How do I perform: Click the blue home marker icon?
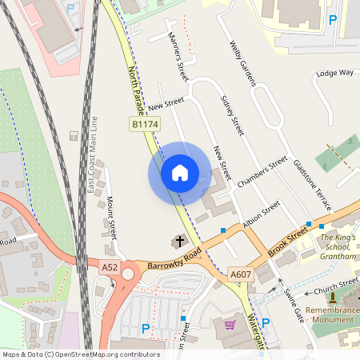click(x=180, y=172)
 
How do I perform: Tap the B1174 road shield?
click(x=146, y=124)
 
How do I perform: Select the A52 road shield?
click(x=110, y=267)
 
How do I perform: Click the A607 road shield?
click(x=240, y=274)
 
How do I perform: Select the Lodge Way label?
click(x=334, y=73)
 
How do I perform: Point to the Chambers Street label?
click(x=262, y=172)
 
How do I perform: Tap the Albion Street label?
click(x=261, y=214)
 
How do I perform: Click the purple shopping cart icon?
click(x=230, y=325)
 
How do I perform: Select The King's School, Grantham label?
click(x=338, y=247)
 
